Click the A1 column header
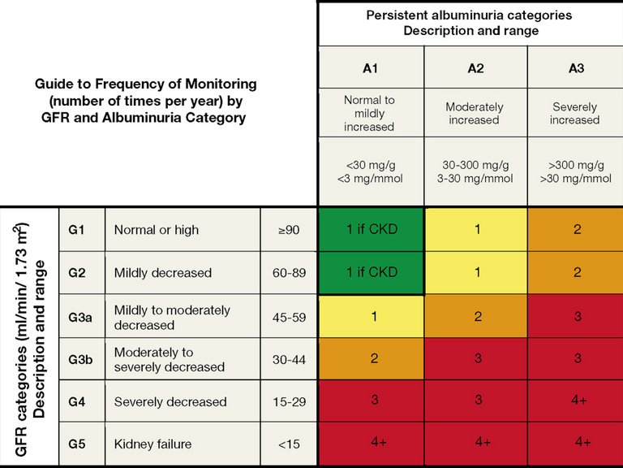(x=370, y=68)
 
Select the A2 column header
(x=475, y=68)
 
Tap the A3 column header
(x=575, y=68)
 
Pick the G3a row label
(x=79, y=318)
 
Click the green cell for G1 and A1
(x=371, y=229)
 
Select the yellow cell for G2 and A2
(x=476, y=272)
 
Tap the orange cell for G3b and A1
(x=371, y=358)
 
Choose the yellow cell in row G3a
(x=371, y=316)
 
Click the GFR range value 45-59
(x=289, y=318)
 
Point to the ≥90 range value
(x=289, y=230)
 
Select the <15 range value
(x=289, y=444)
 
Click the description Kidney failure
(x=153, y=444)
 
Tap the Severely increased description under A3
(x=574, y=113)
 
